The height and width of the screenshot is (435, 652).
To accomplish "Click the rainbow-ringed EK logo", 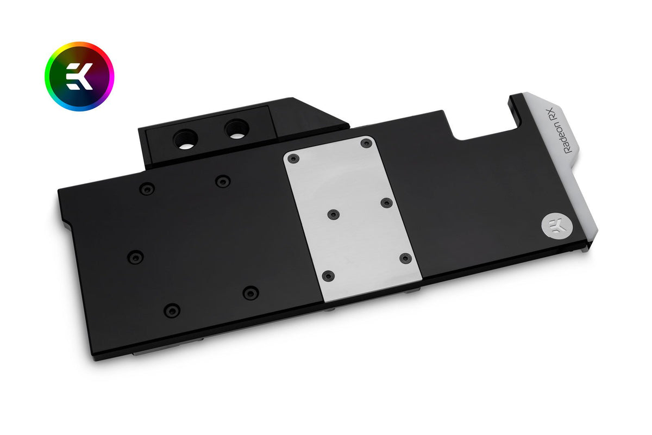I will pyautogui.click(x=79, y=76).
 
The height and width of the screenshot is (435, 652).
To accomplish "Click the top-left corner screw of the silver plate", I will pyautogui.click(x=293, y=158).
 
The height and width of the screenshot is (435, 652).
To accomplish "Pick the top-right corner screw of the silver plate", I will pyautogui.click(x=366, y=143).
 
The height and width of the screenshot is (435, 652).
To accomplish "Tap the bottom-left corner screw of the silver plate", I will pyautogui.click(x=328, y=275).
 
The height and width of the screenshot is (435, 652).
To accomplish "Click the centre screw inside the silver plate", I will pyautogui.click(x=333, y=214).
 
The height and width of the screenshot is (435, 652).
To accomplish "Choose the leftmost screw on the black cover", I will pyautogui.click(x=135, y=256).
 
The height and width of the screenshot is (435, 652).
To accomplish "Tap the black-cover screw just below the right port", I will pyautogui.click(x=222, y=181).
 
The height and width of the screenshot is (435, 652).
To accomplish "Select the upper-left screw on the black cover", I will pyautogui.click(x=147, y=189).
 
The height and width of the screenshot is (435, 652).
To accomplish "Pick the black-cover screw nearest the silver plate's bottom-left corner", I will pyautogui.click(x=250, y=293).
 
